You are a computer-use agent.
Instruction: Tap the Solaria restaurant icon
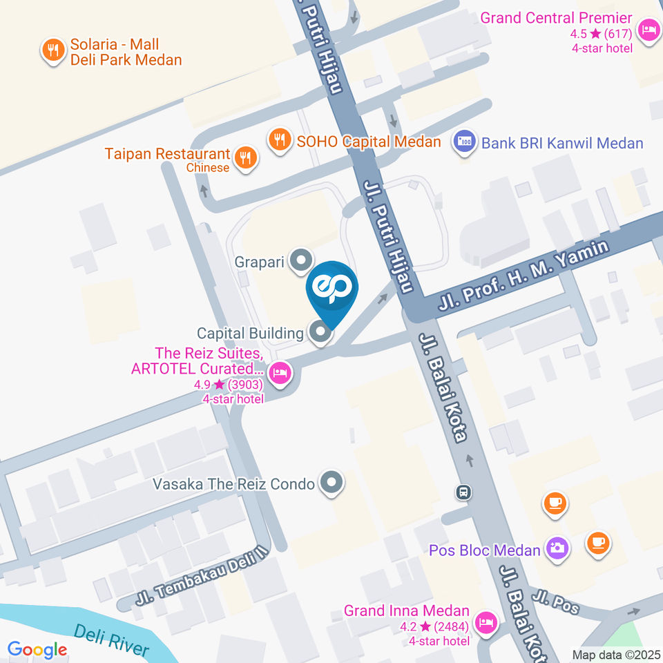point(52,50)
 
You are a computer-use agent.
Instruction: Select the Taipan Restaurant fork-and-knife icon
point(245,158)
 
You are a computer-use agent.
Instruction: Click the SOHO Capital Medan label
point(369,142)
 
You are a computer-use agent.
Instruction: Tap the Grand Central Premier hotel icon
point(648,30)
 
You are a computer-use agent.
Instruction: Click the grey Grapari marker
point(300,261)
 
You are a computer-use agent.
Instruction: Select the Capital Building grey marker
point(320,333)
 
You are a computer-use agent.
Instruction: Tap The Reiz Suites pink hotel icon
point(280,374)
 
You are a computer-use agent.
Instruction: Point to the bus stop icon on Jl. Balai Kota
point(463,492)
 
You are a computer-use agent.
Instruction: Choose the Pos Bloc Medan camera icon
point(555,549)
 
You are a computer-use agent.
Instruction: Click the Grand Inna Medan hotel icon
point(486,622)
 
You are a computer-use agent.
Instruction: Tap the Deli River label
point(110,641)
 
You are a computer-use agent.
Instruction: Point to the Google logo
point(37,649)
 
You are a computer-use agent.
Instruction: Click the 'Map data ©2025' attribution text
point(616,655)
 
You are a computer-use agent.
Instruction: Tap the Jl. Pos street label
point(556,603)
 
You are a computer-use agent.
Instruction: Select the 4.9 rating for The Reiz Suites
point(209,384)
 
